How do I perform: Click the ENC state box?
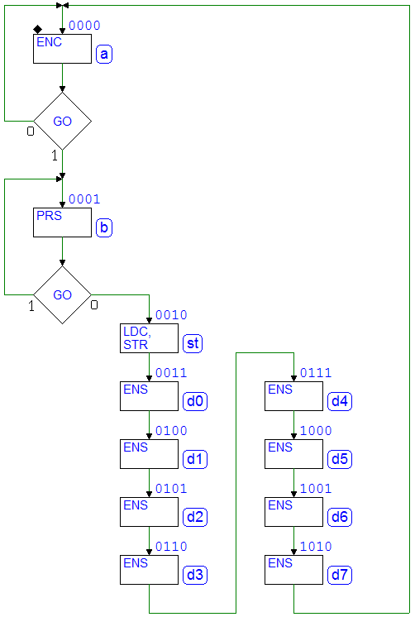[62, 49]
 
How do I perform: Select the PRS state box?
[62, 222]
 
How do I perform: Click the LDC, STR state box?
[149, 338]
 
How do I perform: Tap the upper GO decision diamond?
[63, 122]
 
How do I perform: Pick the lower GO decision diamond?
[63, 295]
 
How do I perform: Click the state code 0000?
[84, 26]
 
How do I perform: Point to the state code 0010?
[171, 315]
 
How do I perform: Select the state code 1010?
[316, 547]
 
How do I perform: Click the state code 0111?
[316, 373]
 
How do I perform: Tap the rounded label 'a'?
[104, 54]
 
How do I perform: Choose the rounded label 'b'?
[104, 227]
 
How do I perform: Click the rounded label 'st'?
[193, 343]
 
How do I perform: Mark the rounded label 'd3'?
[195, 575]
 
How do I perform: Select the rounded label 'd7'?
[340, 575]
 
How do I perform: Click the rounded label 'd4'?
[340, 401]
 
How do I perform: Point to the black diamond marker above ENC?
[38, 30]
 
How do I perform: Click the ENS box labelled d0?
[149, 396]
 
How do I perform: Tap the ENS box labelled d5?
[293, 454]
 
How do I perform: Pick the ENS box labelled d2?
[149, 512]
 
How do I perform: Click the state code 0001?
[84, 199]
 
